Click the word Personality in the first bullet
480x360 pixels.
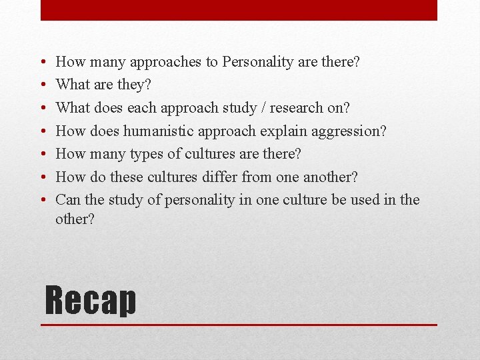[x=257, y=62]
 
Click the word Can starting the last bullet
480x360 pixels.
[x=67, y=200]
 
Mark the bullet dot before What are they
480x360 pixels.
[x=43, y=85]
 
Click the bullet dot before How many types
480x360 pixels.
[x=43, y=155]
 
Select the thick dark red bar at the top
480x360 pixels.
[x=239, y=10]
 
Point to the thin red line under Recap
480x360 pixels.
[x=239, y=325]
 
